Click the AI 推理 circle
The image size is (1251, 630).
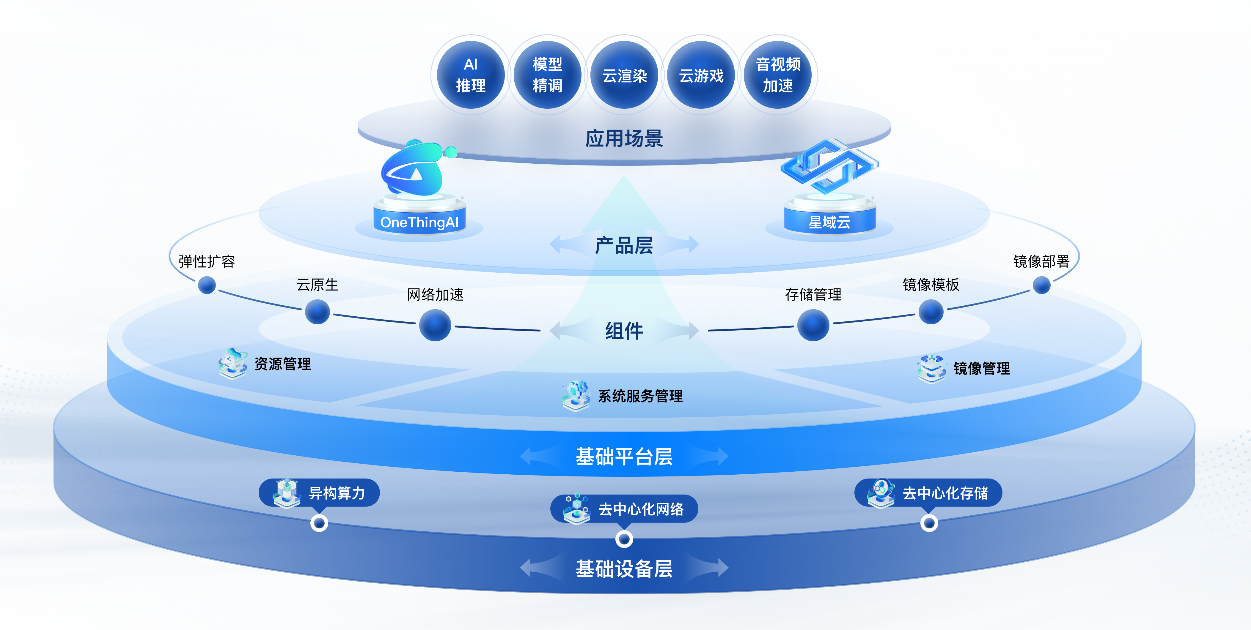[471, 75]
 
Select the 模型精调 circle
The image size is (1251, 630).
[547, 75]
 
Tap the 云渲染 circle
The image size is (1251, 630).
[625, 75]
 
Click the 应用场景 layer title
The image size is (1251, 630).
[624, 139]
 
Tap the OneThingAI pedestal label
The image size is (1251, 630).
[419, 222]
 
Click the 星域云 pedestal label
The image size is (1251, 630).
[829, 222]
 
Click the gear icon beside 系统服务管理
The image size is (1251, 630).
[576, 395]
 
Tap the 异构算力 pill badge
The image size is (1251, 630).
[319, 493]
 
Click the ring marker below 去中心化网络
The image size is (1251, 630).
[624, 539]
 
